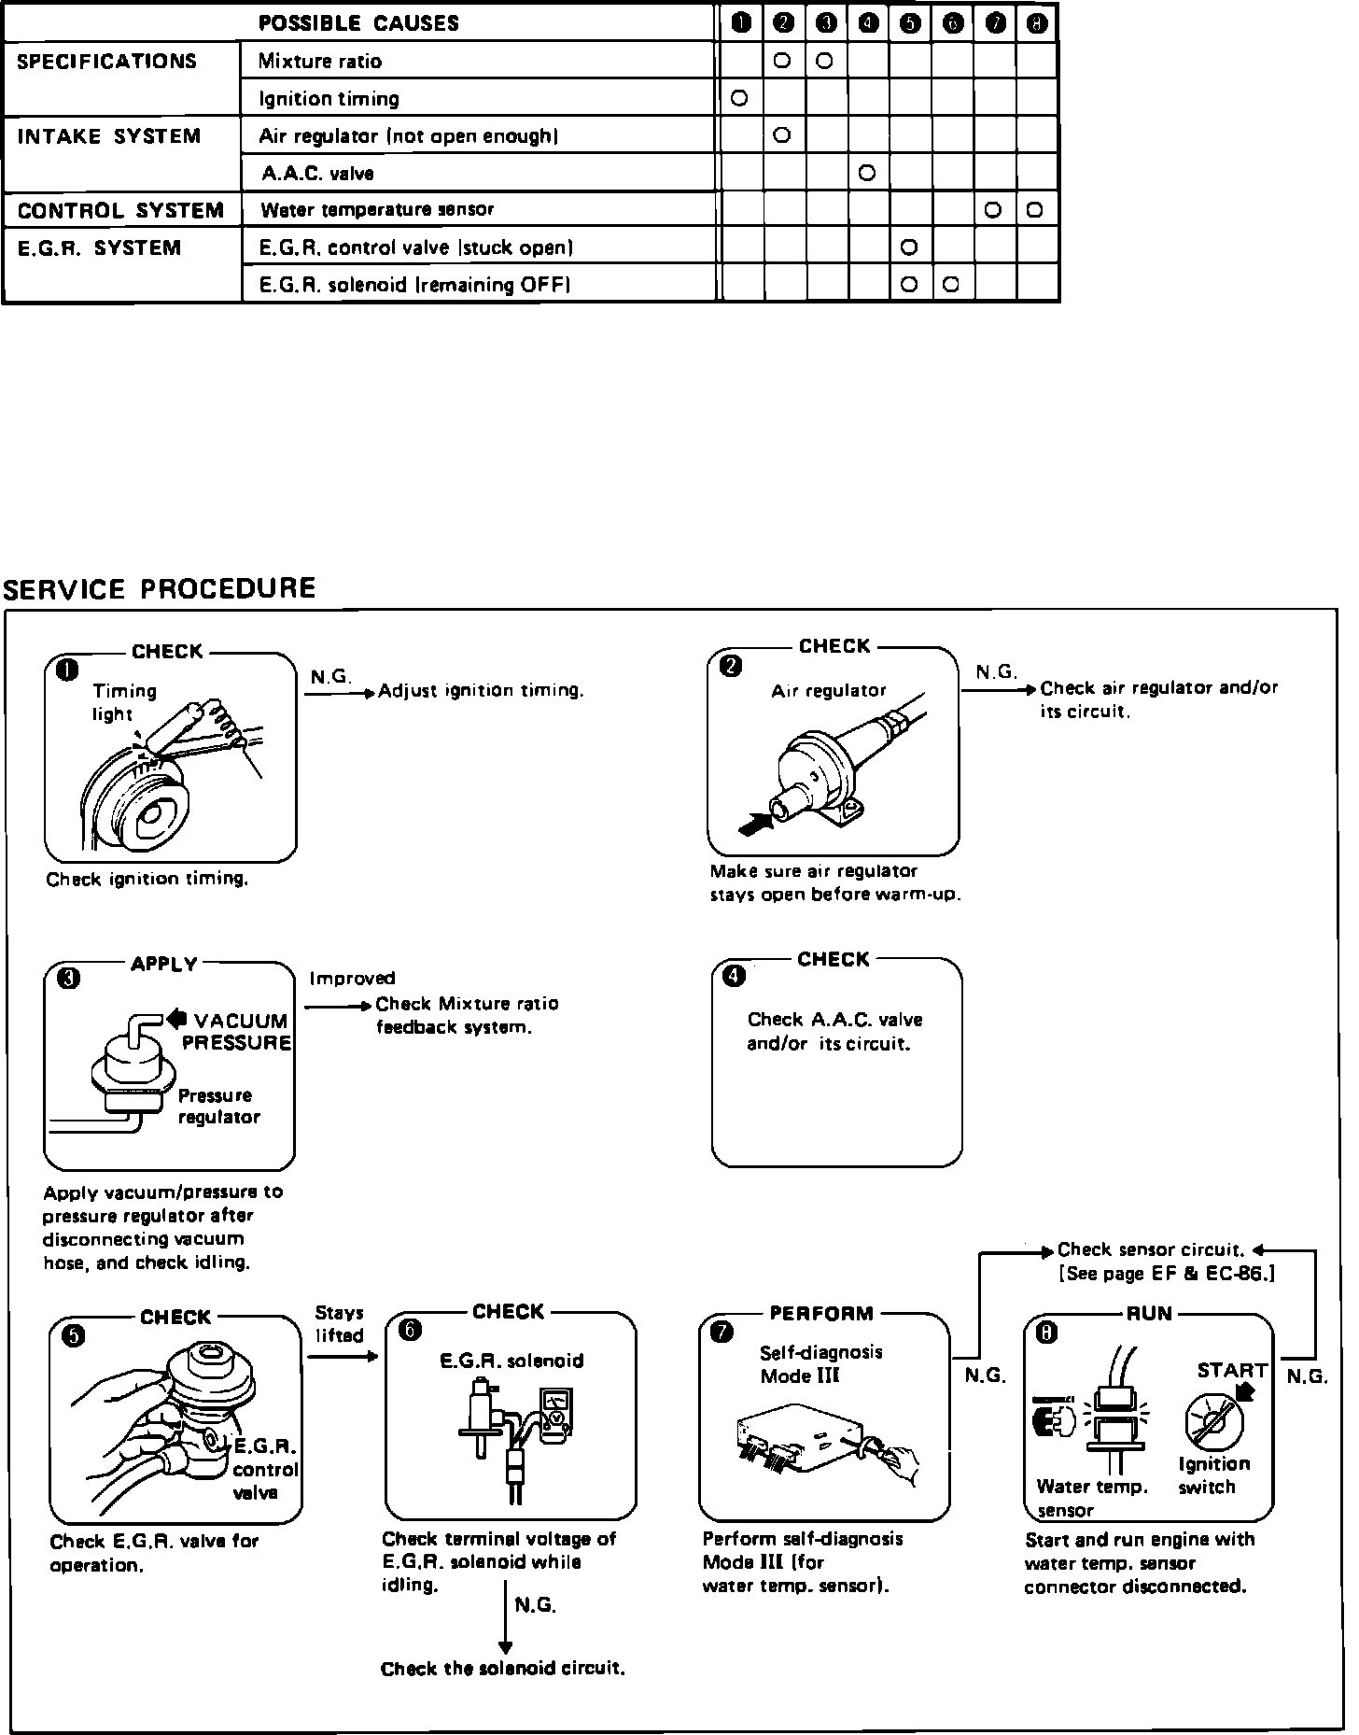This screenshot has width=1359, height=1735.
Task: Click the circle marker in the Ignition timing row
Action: pyautogui.click(x=739, y=98)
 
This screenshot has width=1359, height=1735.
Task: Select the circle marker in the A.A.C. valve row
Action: pyautogui.click(x=866, y=173)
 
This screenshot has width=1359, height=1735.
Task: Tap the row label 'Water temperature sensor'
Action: pyautogui.click(x=377, y=210)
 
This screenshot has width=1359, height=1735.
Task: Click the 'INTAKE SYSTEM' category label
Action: pyautogui.click(x=109, y=136)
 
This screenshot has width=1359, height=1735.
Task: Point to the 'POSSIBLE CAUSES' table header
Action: pyautogui.click(x=358, y=23)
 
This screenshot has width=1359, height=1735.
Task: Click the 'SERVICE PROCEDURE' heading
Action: pyautogui.click(x=160, y=589)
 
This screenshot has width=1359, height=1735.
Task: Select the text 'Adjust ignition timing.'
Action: pyautogui.click(x=481, y=691)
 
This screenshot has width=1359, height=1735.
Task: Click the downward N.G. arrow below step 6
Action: pyautogui.click(x=505, y=1615)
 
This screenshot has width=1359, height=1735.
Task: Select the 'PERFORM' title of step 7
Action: pyautogui.click(x=821, y=1314)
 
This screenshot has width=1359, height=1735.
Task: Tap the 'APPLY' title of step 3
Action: pyautogui.click(x=164, y=965)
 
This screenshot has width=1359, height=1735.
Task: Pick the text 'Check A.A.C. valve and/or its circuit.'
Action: pyautogui.click(x=834, y=1032)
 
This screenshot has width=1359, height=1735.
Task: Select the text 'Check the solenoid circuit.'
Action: pyautogui.click(x=502, y=1669)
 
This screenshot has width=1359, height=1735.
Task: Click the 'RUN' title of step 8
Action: pyautogui.click(x=1149, y=1314)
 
